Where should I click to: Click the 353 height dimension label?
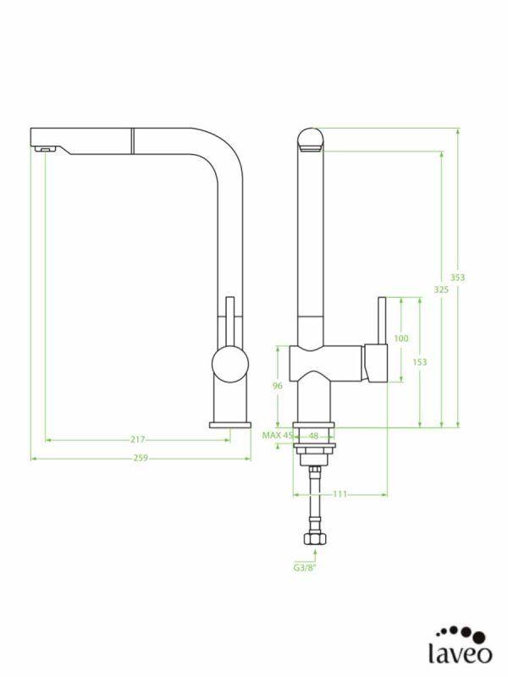457,277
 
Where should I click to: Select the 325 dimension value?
440,289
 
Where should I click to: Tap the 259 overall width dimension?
141,459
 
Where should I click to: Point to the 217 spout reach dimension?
137,439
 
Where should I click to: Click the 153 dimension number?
419,362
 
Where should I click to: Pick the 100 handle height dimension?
401,338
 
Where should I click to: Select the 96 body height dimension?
277,386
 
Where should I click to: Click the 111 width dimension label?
340,494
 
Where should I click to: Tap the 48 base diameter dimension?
313,436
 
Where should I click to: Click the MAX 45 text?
276,436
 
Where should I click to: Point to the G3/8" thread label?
305,569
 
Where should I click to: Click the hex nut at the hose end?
315,538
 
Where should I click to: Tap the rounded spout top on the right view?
310,138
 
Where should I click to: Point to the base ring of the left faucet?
229,424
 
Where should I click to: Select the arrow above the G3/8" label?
315,555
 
